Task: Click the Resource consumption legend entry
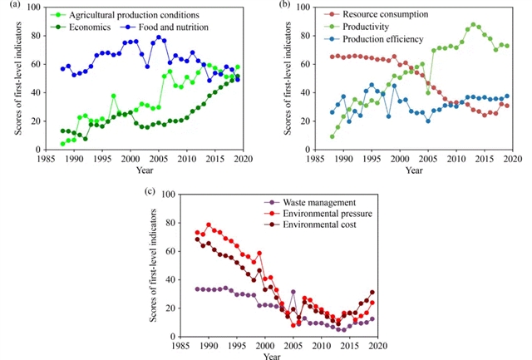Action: [358, 16]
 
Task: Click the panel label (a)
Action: [9, 6]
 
